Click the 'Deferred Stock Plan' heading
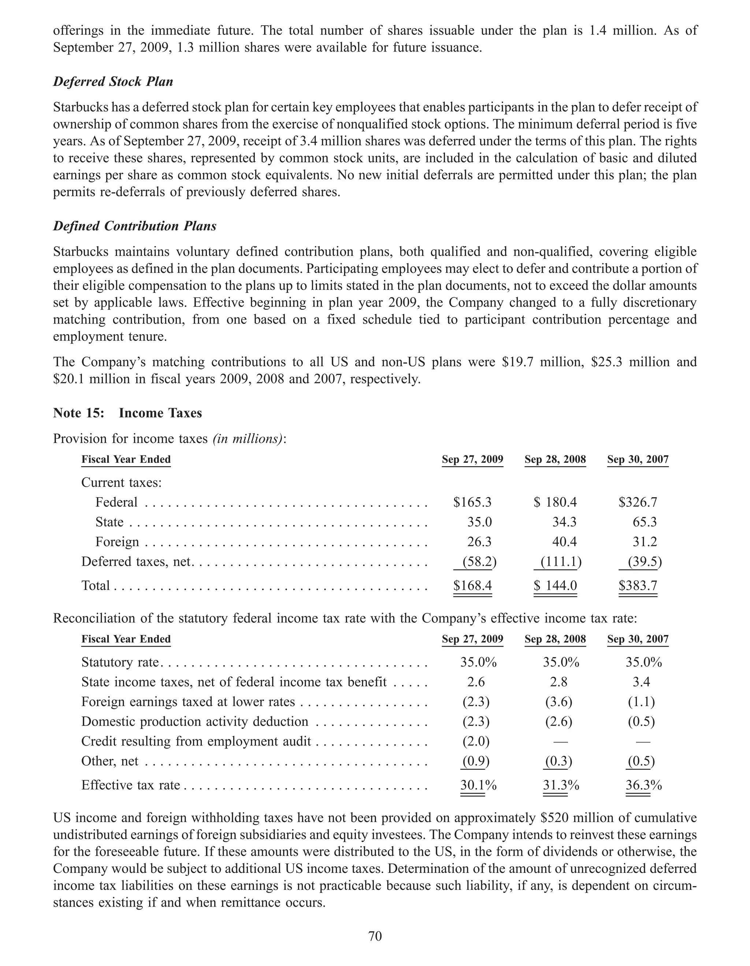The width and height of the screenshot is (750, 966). pyautogui.click(x=113, y=82)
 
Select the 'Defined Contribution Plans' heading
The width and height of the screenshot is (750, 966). pyautogui.click(x=134, y=226)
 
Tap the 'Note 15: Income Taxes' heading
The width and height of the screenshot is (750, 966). pyautogui.click(x=127, y=413)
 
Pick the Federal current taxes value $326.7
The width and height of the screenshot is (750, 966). pyautogui.click(x=638, y=502)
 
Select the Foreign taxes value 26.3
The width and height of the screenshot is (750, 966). pyautogui.click(x=479, y=542)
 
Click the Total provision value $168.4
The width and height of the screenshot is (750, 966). pyautogui.click(x=472, y=586)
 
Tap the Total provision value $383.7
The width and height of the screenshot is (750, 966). pyautogui.click(x=638, y=586)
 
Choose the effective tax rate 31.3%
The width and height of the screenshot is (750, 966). pyautogui.click(x=561, y=785)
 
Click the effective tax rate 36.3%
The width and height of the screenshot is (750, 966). pyautogui.click(x=643, y=785)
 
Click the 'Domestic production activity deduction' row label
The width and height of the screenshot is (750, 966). pyautogui.click(x=194, y=721)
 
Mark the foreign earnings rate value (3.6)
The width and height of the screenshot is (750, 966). pyautogui.click(x=558, y=702)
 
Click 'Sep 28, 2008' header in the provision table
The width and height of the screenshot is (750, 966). pyautogui.click(x=555, y=460)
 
